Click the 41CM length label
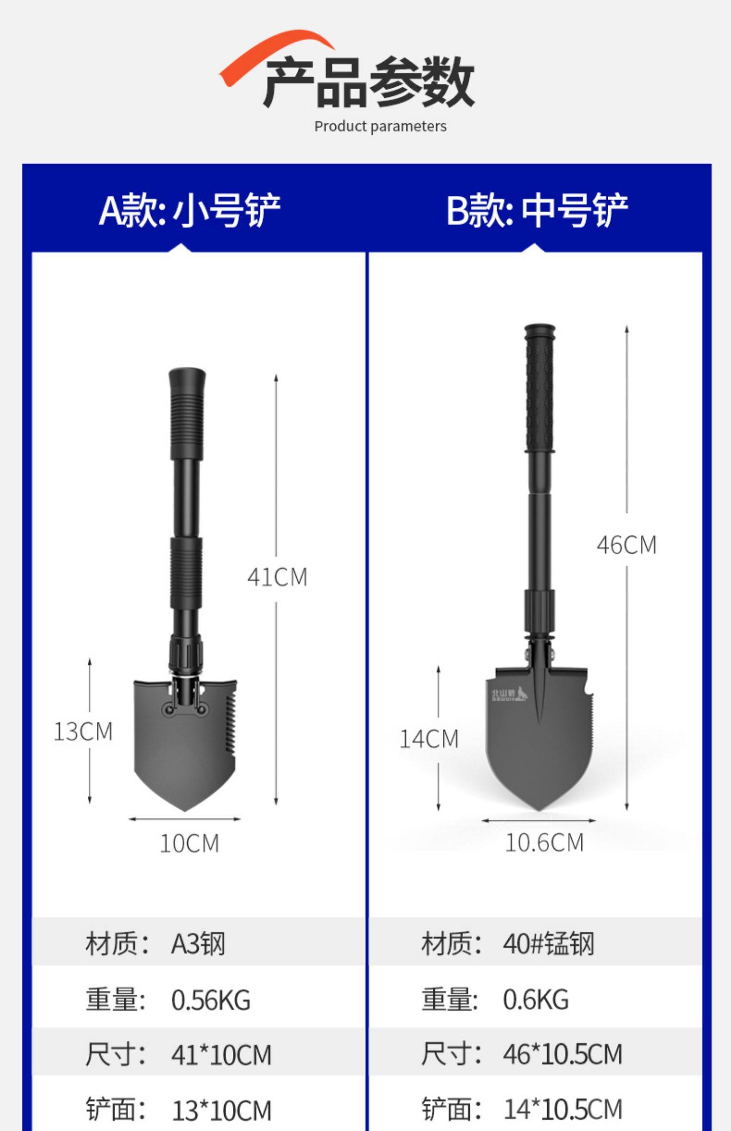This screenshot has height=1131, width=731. (x=277, y=578)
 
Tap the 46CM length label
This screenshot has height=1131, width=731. (x=626, y=545)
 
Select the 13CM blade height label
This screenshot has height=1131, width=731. (x=83, y=732)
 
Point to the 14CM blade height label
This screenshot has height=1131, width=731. (x=429, y=739)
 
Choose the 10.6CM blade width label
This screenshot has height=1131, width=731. (x=544, y=843)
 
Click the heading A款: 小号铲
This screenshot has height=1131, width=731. (x=190, y=210)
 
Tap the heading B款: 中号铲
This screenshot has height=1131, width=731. (x=537, y=210)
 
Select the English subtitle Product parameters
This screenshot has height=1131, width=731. (x=380, y=127)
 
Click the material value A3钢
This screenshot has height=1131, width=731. (x=198, y=943)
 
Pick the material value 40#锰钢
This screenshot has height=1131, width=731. (x=548, y=943)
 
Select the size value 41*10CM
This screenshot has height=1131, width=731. (x=221, y=1055)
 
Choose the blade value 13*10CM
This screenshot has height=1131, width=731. (x=221, y=1110)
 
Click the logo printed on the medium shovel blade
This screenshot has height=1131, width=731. (x=508, y=695)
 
